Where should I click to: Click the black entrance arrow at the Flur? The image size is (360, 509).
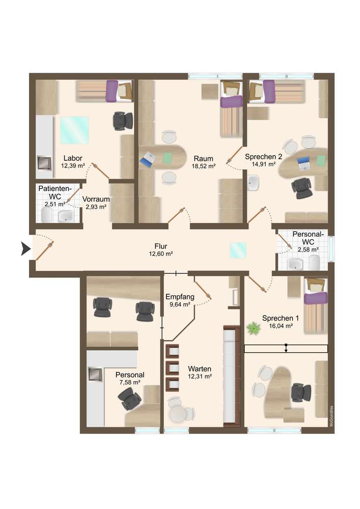(x=26, y=249)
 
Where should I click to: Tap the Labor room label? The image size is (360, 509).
(x=73, y=158)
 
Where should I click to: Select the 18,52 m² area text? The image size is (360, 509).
(x=204, y=166)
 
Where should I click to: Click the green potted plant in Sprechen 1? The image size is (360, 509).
(x=253, y=328)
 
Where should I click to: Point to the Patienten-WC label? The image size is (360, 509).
(x=54, y=192)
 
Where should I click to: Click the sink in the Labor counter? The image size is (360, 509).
(x=44, y=163)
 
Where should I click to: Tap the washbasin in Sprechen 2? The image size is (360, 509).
(x=253, y=183)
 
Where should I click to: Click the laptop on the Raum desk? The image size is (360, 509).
(x=148, y=160)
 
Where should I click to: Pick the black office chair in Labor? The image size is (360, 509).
(x=123, y=121)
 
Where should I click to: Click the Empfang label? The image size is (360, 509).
(x=180, y=296)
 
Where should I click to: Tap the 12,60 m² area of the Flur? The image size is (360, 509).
(x=161, y=253)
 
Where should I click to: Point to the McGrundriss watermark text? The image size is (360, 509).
(x=331, y=415)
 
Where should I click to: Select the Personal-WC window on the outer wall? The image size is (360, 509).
(x=331, y=249)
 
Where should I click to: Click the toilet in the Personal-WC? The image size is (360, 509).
(x=314, y=262)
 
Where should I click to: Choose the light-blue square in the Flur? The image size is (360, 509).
(x=238, y=250)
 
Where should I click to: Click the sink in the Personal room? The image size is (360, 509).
(x=96, y=374)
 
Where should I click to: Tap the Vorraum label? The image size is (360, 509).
(x=96, y=199)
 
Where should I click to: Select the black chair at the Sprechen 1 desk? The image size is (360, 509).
(x=301, y=392)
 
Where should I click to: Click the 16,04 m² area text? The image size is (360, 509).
(x=281, y=326)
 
